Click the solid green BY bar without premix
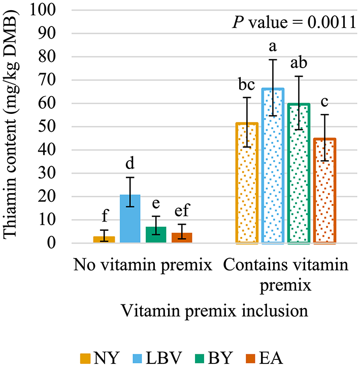coord(156,235)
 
